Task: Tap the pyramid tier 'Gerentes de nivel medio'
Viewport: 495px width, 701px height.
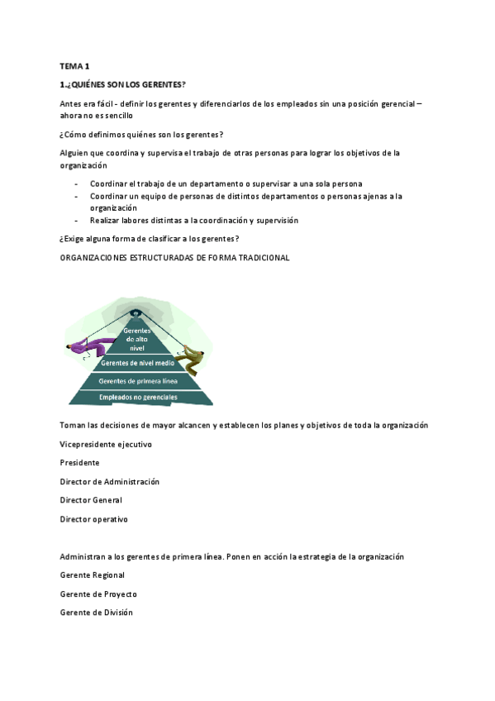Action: click(x=137, y=363)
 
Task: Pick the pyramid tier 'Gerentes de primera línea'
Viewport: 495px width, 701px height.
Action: click(x=137, y=381)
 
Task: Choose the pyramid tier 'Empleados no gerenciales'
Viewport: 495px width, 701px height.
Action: click(x=137, y=398)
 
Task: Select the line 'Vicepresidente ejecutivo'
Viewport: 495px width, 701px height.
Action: click(x=106, y=444)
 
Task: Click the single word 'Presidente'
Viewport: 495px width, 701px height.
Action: click(x=80, y=463)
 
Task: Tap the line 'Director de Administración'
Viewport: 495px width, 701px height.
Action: click(x=110, y=481)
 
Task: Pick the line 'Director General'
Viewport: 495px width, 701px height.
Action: click(x=91, y=500)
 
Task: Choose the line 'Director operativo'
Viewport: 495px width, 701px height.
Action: click(x=94, y=519)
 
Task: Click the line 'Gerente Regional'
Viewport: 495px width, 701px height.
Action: click(x=93, y=575)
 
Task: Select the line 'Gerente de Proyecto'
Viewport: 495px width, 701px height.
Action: click(x=98, y=594)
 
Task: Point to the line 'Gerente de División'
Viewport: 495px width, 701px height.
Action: click(x=96, y=613)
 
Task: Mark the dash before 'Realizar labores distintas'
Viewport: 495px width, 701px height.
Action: click(x=76, y=221)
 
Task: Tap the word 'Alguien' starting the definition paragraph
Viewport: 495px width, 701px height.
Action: click(x=75, y=153)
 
